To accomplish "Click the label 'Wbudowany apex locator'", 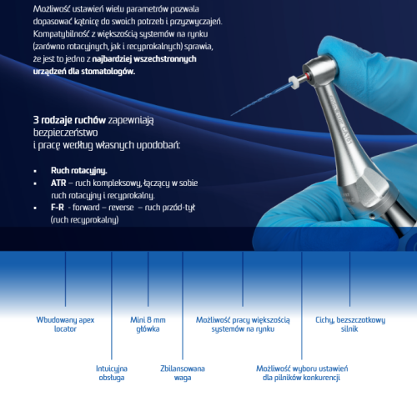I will (x=65, y=324).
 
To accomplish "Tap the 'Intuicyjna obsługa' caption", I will (x=112, y=373).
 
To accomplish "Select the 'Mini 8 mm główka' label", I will (x=148, y=324).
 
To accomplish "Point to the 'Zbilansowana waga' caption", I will (x=183, y=373).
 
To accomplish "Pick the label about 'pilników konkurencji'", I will (x=301, y=373).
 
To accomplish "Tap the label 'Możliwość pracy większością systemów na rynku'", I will (x=243, y=324).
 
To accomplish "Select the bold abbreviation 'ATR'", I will (x=58, y=182).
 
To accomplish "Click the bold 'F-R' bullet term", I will (x=57, y=207).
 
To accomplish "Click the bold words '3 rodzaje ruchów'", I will (x=68, y=120).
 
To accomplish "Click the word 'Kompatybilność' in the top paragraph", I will (x=58, y=33).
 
